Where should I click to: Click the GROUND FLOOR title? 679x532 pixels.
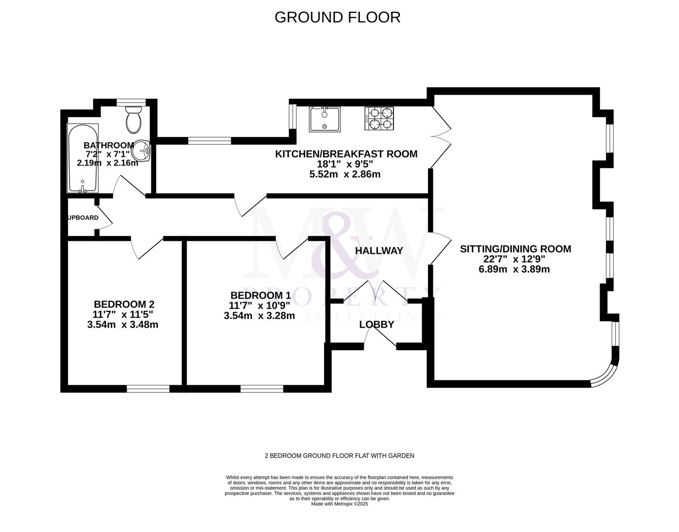coord(337,17)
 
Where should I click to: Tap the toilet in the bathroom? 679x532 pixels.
coord(133,120)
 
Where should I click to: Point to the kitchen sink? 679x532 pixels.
coord(324,119)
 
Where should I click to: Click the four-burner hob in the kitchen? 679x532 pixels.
coord(379,119)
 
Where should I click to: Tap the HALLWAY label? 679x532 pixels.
coord(379,251)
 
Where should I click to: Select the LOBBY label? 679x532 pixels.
coord(377,325)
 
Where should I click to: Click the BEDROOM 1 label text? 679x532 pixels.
coord(260,296)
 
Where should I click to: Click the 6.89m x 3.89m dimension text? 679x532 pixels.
coord(514,269)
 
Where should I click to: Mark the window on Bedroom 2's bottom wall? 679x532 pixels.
coord(148,389)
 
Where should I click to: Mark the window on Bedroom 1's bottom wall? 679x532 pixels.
coord(262,389)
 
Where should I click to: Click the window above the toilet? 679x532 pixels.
coord(130,102)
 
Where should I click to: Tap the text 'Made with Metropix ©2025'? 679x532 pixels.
coord(339,504)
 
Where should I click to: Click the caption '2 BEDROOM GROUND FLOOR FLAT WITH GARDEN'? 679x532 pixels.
coord(339,456)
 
